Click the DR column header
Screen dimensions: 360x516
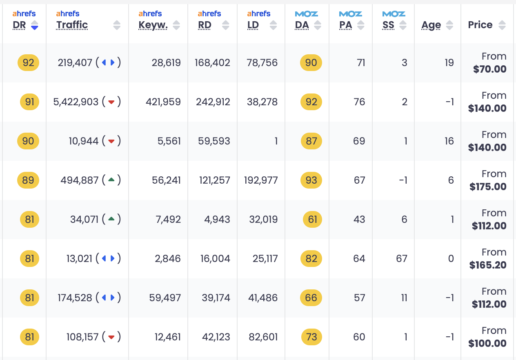[x=20, y=25]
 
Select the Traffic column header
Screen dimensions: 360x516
[x=72, y=25]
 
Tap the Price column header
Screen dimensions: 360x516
[x=480, y=25]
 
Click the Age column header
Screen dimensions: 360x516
[x=431, y=25]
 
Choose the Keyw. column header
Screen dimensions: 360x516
[x=153, y=25]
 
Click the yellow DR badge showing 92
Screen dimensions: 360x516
[x=29, y=63]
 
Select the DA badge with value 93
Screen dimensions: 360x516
[x=311, y=180]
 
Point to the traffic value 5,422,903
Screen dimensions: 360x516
[x=76, y=102]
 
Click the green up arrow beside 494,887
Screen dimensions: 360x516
[x=111, y=180]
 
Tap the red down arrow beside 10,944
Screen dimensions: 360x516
[x=111, y=141]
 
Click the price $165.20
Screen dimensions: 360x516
[x=488, y=265]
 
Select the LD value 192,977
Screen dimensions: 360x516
[x=260, y=180]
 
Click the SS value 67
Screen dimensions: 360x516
[x=401, y=259]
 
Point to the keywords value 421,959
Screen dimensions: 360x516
[x=163, y=102]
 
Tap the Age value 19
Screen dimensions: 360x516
[x=449, y=63]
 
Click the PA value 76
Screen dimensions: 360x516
[x=359, y=102]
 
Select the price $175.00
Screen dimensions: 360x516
[x=488, y=187]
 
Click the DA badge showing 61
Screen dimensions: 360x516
[x=312, y=220]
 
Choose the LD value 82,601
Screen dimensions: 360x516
[x=263, y=337]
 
